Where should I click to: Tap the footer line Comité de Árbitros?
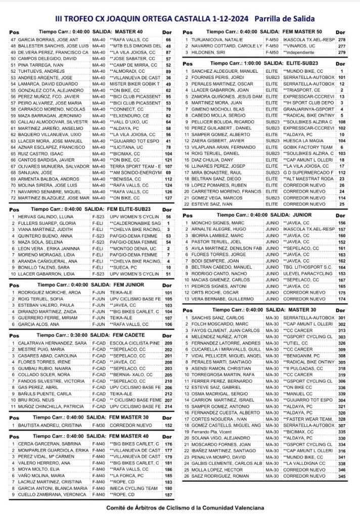point(182,508)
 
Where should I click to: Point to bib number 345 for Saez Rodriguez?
point(342,477)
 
